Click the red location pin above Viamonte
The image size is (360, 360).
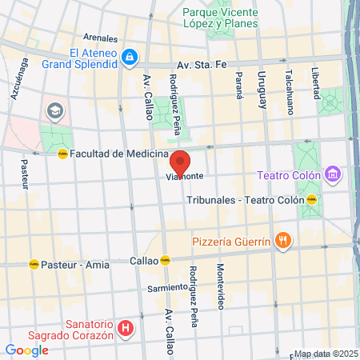click(x=180, y=163)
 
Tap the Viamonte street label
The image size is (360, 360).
click(x=185, y=175)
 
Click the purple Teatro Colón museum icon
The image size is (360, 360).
click(x=333, y=174)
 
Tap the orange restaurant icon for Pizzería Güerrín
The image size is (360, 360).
click(x=282, y=239)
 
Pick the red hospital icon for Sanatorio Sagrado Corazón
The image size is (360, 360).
click(x=125, y=328)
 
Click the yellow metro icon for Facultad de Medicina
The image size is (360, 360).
click(x=62, y=154)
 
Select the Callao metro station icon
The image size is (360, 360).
click(x=165, y=260)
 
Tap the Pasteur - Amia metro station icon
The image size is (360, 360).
click(x=34, y=263)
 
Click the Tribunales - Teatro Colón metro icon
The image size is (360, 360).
click(x=312, y=200)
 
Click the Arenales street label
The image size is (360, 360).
click(x=100, y=37)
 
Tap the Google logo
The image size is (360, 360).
click(x=26, y=350)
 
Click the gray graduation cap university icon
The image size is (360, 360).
click(x=54, y=109)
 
